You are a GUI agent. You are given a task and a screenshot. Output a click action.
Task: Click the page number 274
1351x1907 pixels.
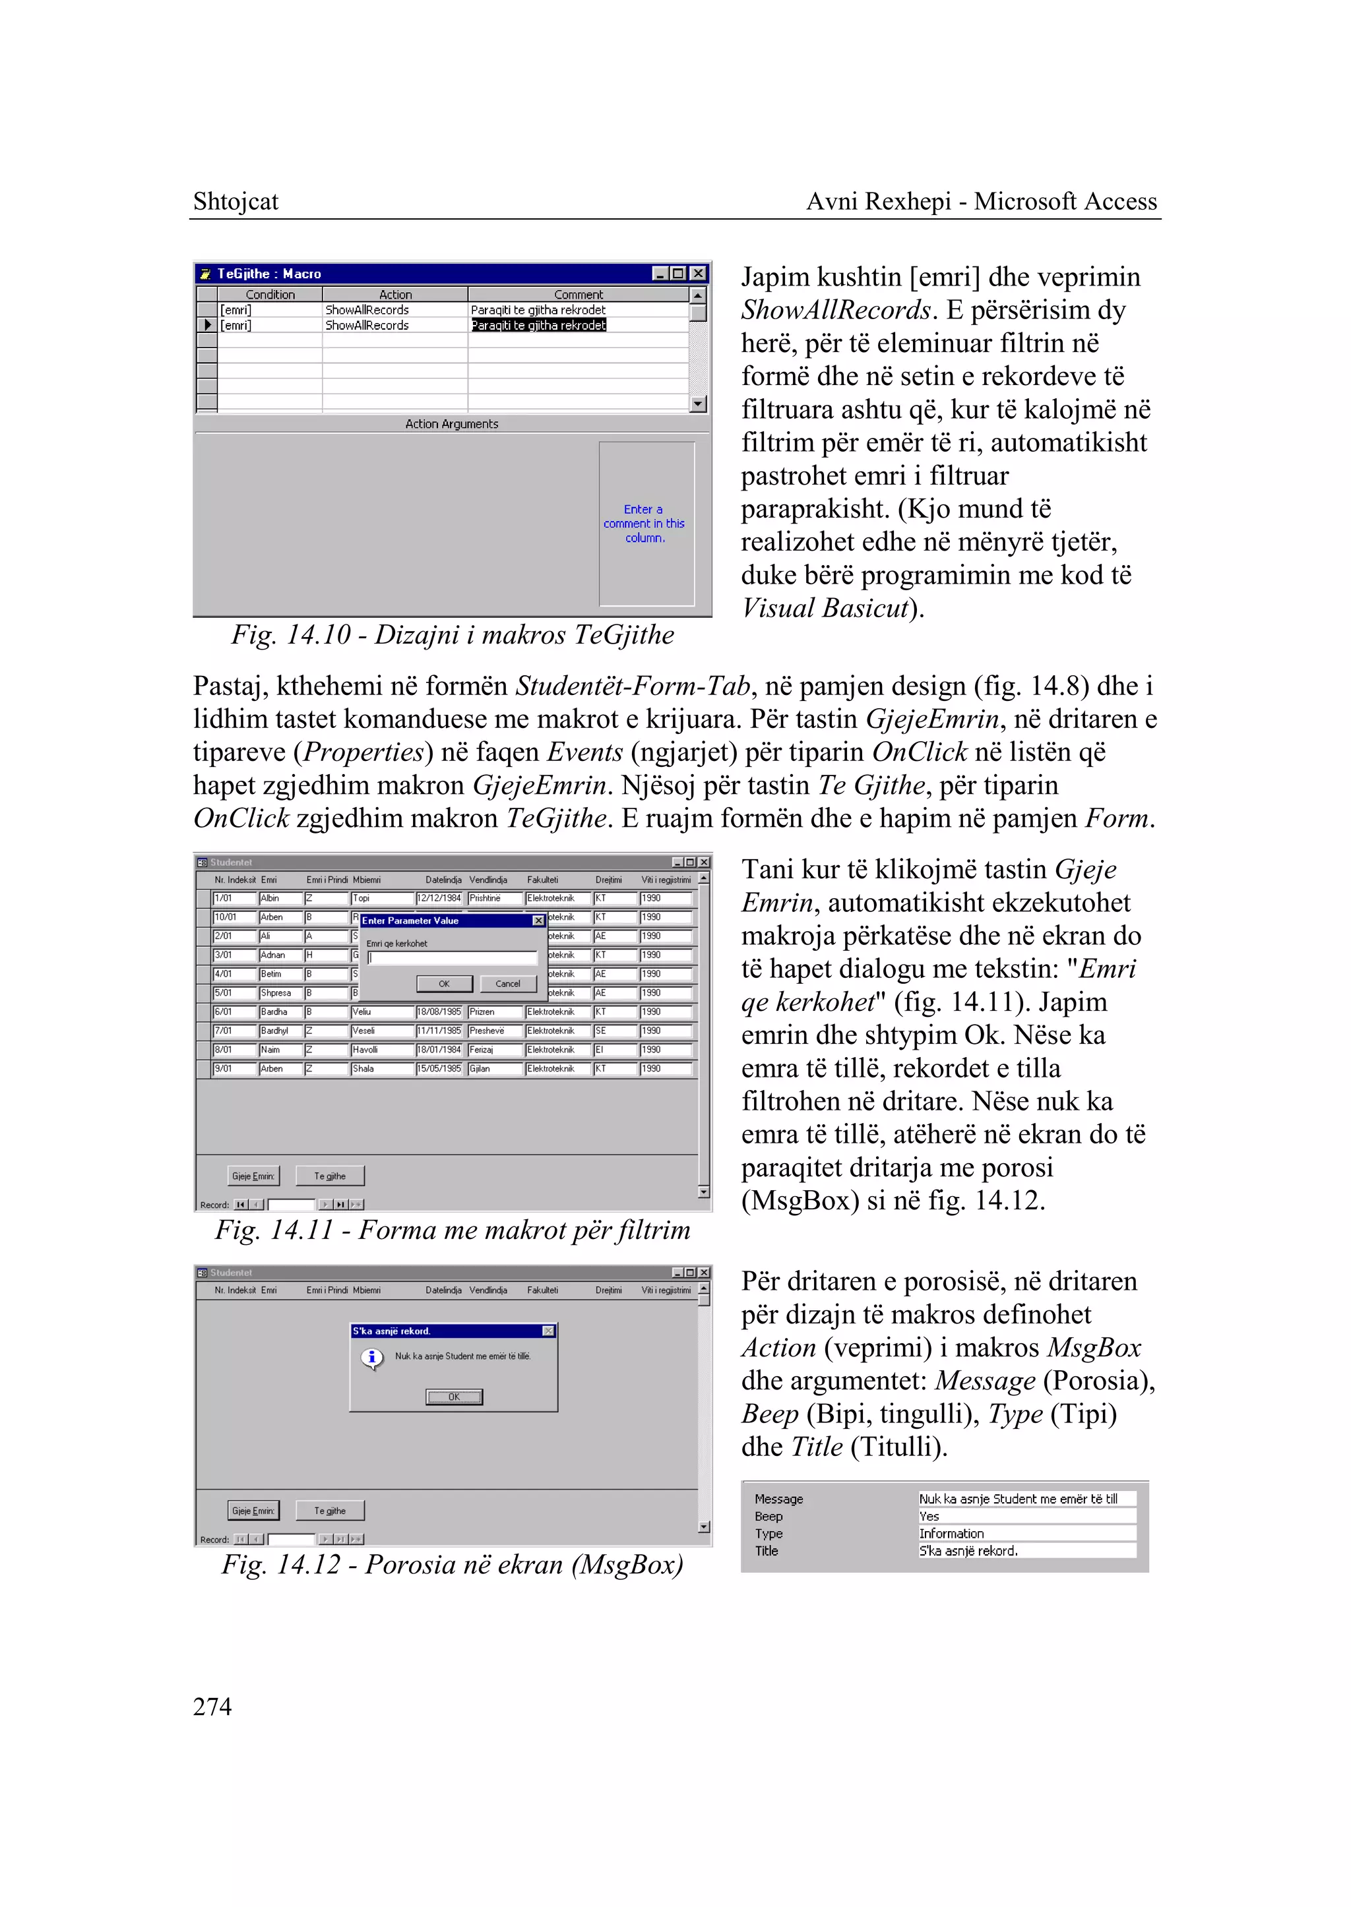coord(212,1707)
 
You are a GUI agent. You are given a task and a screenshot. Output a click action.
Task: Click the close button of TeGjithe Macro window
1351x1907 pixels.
coord(699,274)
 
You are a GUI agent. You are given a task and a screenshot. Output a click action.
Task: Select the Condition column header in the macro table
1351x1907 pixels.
coord(270,294)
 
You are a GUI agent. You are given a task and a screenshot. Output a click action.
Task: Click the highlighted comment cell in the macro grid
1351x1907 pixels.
coord(538,325)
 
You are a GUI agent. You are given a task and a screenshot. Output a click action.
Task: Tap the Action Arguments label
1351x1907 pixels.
coord(452,424)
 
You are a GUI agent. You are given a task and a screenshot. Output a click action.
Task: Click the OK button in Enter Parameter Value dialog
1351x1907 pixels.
coord(444,984)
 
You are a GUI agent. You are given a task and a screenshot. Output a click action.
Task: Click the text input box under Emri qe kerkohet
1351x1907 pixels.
coord(453,958)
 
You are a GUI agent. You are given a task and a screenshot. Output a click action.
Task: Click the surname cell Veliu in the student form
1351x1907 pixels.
coord(381,1012)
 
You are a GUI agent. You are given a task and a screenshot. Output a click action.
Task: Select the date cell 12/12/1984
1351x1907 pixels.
coord(439,898)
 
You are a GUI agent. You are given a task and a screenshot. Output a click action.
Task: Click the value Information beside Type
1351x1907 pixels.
coord(952,1534)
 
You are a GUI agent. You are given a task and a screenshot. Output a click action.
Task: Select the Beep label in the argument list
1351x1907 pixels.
coord(769,1516)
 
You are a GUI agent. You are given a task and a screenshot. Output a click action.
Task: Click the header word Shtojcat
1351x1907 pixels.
coord(236,201)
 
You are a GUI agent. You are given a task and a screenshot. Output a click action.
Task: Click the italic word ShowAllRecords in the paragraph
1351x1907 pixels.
coord(835,310)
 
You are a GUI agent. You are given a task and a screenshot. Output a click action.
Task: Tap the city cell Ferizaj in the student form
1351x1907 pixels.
coord(482,1050)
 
